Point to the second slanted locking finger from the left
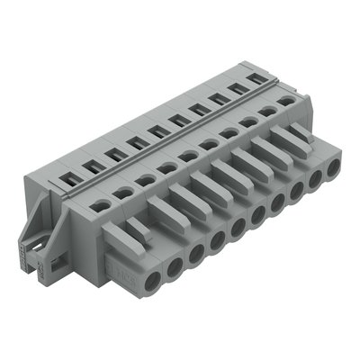click(158, 214)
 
